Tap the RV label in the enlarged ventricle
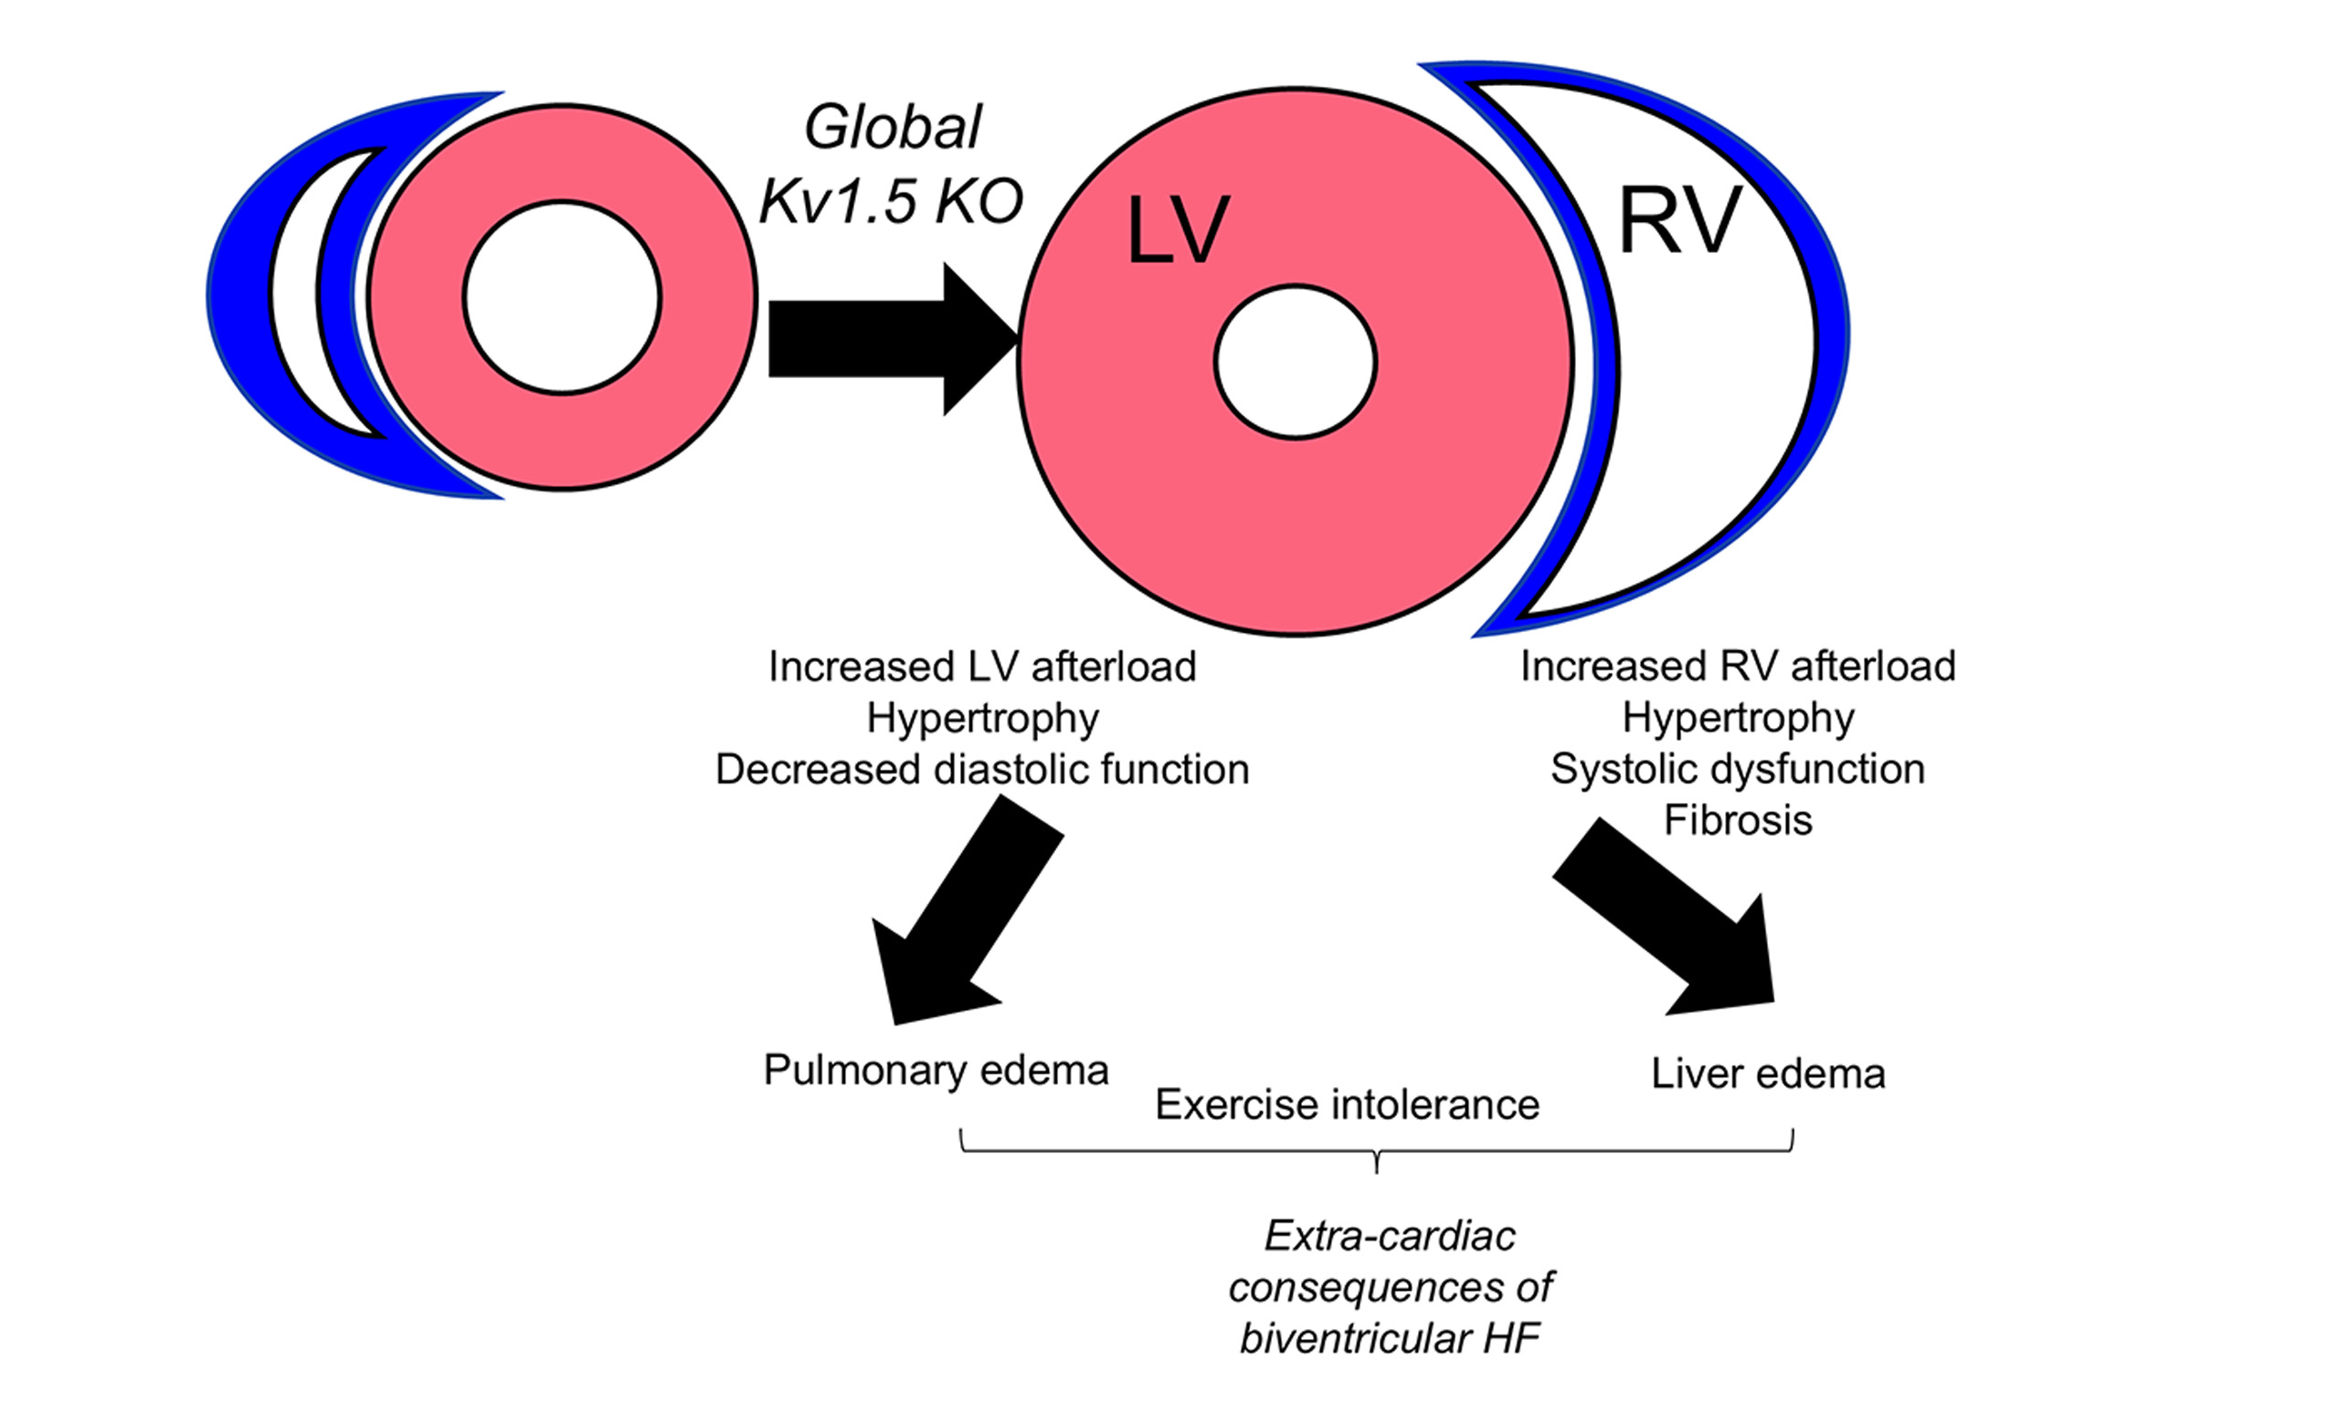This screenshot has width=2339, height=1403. click(1679, 220)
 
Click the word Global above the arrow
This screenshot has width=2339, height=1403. click(893, 128)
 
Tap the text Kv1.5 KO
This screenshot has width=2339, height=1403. click(891, 201)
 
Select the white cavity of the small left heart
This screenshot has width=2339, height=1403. click(562, 297)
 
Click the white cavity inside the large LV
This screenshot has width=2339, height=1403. click(1296, 362)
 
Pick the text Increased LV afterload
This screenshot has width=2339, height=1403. click(982, 667)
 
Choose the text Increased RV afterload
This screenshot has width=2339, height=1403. click(1738, 667)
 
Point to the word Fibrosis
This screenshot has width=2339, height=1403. click(1738, 820)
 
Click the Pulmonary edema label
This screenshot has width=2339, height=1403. click(936, 1071)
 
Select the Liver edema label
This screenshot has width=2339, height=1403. click(1768, 1074)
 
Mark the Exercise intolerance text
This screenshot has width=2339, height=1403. click(1348, 1104)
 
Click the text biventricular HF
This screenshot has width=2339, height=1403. click(1390, 1339)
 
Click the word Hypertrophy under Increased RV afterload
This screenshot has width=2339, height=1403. click(1738, 718)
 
